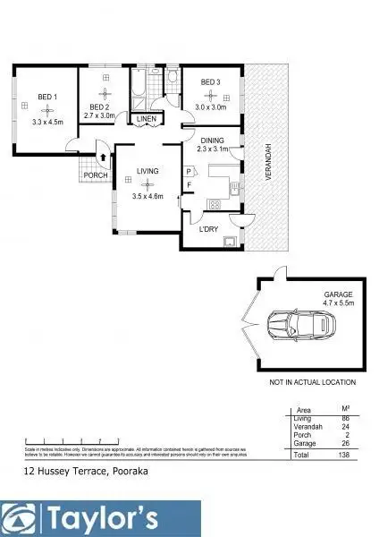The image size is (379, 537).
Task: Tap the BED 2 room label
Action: tap(100, 107)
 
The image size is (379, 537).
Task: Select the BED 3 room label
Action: tap(210, 83)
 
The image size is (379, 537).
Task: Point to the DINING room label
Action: tap(212, 141)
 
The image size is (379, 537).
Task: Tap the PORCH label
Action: tap(97, 175)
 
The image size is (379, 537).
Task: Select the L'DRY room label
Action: tap(209, 230)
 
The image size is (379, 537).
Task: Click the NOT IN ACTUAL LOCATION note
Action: tap(312, 382)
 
